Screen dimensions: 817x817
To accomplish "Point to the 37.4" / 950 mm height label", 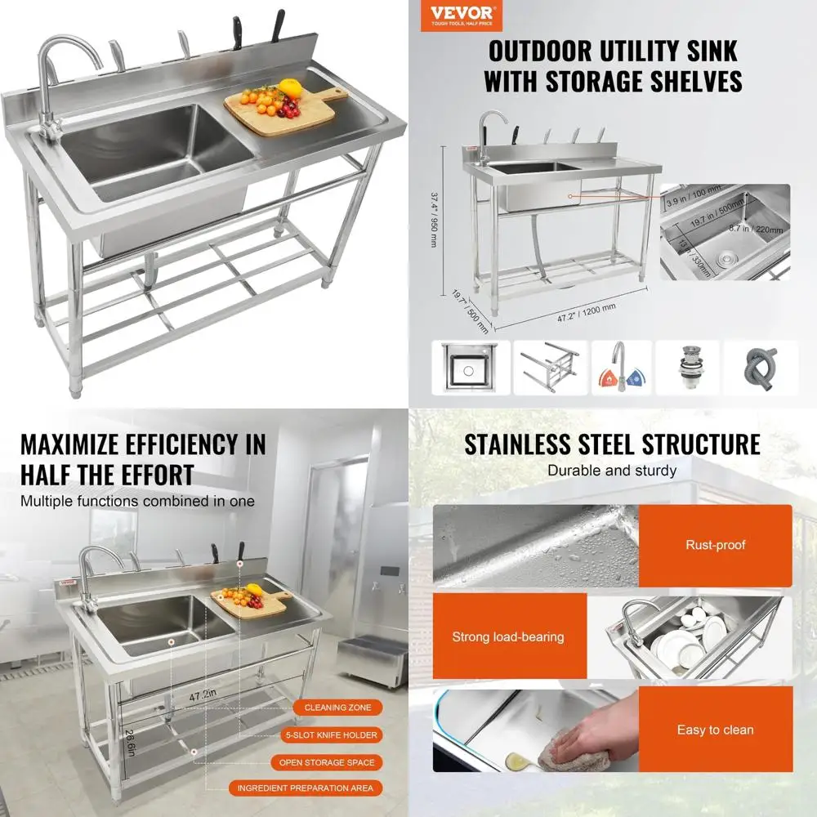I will point(435,214).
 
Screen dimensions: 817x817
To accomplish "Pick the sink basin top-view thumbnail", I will point(471,366).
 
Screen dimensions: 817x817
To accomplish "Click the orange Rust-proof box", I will point(715,545).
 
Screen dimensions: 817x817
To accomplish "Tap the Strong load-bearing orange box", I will point(508,636).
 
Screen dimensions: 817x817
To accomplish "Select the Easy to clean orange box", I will point(715,730).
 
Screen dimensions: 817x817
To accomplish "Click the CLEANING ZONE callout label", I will point(337,708).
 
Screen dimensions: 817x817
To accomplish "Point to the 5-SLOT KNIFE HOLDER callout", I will point(337,734).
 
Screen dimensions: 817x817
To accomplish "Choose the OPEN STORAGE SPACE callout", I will point(337,762).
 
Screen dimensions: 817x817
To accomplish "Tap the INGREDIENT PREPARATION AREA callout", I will point(305,788).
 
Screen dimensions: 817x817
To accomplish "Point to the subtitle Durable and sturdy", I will point(612,471).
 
